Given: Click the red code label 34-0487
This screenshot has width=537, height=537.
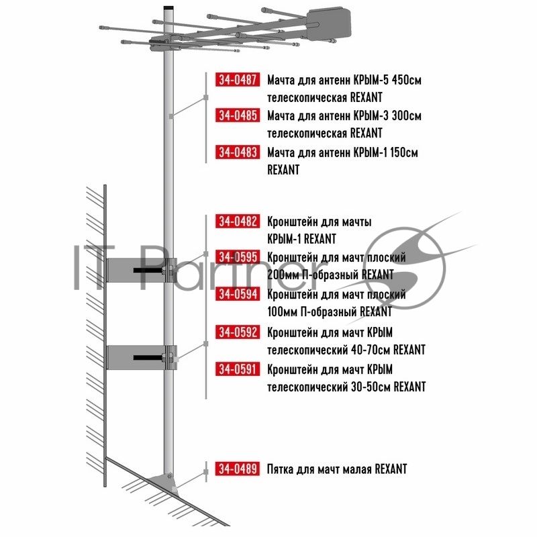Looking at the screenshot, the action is click(238, 79).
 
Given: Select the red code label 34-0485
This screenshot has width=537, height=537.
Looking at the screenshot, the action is click(238, 115).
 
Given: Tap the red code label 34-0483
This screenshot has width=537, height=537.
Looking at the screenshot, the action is click(238, 152).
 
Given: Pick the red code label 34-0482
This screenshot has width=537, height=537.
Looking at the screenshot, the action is click(238, 222).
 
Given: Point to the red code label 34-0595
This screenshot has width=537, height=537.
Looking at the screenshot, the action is click(238, 257).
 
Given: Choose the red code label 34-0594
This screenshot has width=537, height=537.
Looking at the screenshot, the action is click(238, 294).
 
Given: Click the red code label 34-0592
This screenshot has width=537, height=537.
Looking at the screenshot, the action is click(238, 332).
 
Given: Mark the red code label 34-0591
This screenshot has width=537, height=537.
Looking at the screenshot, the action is click(238, 369).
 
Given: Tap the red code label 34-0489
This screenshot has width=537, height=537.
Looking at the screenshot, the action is click(238, 469).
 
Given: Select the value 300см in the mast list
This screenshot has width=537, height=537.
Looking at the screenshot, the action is click(407, 115).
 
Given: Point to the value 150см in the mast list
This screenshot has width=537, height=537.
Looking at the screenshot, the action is click(404, 153).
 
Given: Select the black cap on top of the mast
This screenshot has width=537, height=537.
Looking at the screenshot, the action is click(168, 7).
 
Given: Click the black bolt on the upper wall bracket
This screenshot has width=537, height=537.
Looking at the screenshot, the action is click(148, 271).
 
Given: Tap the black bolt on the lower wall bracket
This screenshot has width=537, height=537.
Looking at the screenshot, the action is click(148, 358).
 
